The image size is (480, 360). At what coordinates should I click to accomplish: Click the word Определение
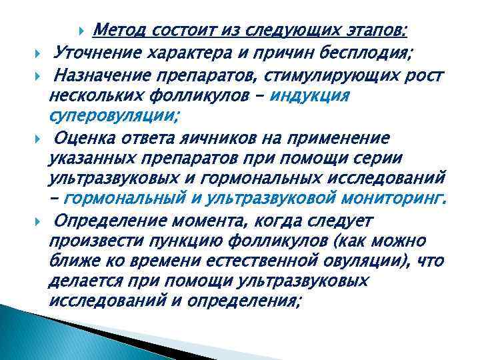coord(103,221)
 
